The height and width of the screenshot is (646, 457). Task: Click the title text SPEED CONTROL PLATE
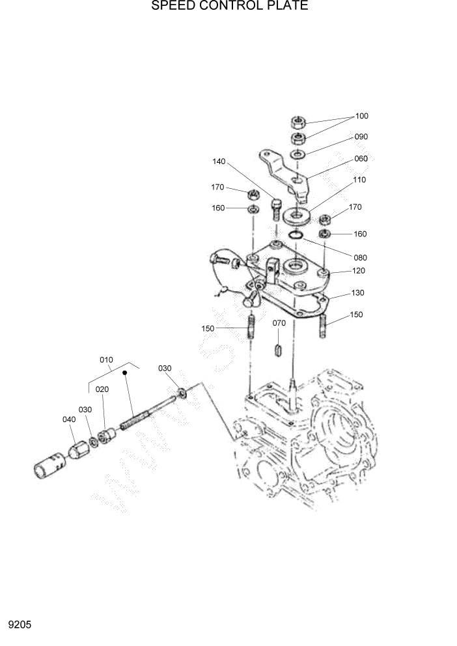tap(229, 7)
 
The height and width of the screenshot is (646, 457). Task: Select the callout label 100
tap(361, 116)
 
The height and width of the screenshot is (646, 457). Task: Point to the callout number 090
tap(361, 137)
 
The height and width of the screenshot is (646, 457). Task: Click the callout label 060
tap(361, 159)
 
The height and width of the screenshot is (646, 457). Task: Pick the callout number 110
tap(359, 179)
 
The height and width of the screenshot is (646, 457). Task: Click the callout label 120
tap(359, 270)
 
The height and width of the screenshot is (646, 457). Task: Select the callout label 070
tap(279, 322)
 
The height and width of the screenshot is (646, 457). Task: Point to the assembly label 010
tap(106, 359)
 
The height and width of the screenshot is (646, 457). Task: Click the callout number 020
tap(102, 389)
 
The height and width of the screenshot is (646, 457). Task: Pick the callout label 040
tap(69, 419)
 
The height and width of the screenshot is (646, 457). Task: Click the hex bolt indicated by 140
tap(276, 210)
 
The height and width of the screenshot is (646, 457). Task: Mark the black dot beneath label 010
tap(124, 374)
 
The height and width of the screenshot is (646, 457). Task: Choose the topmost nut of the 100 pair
tap(298, 122)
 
